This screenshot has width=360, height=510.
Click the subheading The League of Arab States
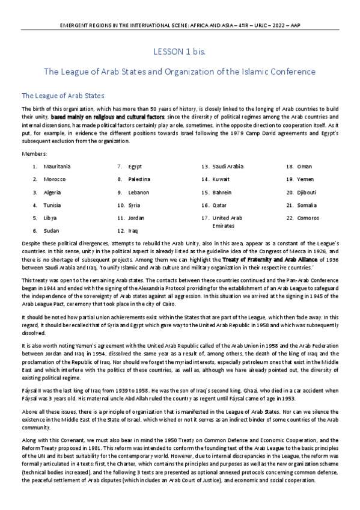pyautogui.click(x=63, y=96)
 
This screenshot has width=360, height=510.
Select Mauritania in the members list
pyautogui.click(x=57, y=166)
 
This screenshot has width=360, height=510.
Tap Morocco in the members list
pyautogui.click(x=55, y=179)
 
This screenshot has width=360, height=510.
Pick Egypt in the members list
pyautogui.click(x=135, y=166)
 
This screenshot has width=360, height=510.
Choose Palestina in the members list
pyautogui.click(x=139, y=179)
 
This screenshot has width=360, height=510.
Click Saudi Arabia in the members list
pyautogui.click(x=228, y=166)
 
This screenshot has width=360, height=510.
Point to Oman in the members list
pyautogui.click(x=305, y=166)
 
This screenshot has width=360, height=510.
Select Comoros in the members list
pyautogui.click(x=308, y=218)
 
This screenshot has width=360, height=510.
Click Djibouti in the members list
pyautogui.click(x=308, y=192)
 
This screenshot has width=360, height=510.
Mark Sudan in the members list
pyautogui.click(x=51, y=230)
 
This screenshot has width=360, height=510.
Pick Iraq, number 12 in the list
pyautogui.click(x=133, y=230)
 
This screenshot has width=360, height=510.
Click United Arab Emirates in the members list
pyautogui.click(x=227, y=221)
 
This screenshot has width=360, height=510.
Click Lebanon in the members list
pyautogui.click(x=138, y=192)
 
